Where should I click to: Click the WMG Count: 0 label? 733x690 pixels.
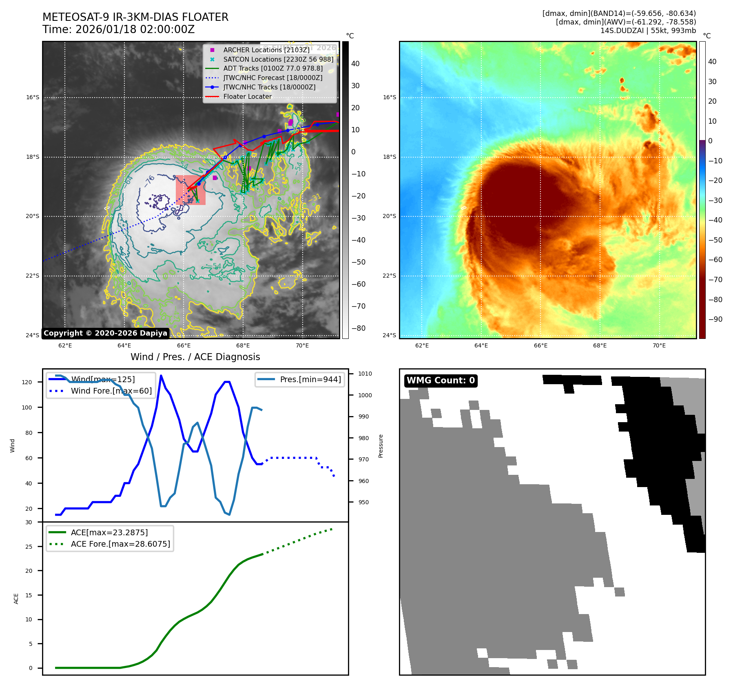(x=441, y=381)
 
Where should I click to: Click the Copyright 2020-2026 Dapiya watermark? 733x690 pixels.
(x=105, y=333)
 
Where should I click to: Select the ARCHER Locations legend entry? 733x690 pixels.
(x=266, y=50)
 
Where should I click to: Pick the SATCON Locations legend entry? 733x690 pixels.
(x=278, y=59)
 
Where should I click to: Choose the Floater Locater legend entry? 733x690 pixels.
(x=247, y=97)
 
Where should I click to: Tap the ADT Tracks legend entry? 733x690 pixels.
(x=272, y=69)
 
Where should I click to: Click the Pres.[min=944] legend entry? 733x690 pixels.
(x=310, y=379)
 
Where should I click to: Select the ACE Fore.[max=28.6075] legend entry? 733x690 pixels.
(x=120, y=544)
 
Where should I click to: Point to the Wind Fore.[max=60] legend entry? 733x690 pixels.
(x=111, y=391)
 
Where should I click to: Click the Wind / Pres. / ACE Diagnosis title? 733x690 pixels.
(x=195, y=357)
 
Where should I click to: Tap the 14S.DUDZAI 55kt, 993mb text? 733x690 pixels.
(x=648, y=31)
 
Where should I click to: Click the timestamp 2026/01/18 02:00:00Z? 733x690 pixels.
(x=135, y=29)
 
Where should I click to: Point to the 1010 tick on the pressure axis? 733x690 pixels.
(x=365, y=374)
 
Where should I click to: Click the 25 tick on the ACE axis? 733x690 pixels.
(x=29, y=547)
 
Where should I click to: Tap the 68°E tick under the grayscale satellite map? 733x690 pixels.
(x=243, y=345)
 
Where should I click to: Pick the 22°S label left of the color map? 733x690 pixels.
(x=389, y=276)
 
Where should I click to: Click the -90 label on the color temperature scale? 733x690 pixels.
(x=715, y=319)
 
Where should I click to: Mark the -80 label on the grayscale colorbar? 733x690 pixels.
(x=358, y=328)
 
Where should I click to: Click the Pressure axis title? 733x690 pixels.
(x=381, y=446)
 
